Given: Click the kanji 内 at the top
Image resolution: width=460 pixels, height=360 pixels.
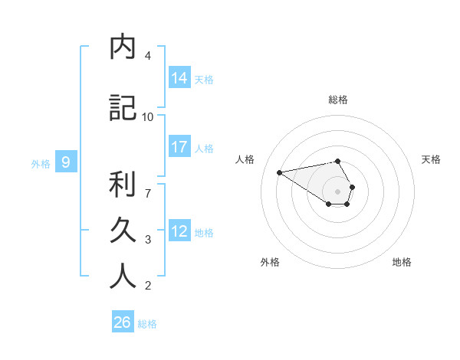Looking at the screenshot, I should (123, 47).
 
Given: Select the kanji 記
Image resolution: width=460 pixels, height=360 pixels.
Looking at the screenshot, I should (123, 109).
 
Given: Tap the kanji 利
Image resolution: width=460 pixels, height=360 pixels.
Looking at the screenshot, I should (123, 185).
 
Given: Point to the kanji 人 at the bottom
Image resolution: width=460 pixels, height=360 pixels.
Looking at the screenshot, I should (123, 277).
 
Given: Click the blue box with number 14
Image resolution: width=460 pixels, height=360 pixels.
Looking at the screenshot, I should (179, 78).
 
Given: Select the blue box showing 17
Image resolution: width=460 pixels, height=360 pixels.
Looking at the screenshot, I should (179, 147).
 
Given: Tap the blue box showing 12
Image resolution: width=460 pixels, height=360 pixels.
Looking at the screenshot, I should (179, 231).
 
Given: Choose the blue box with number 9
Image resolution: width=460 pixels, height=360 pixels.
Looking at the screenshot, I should (67, 162).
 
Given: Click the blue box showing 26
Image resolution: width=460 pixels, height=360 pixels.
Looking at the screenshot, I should (123, 322).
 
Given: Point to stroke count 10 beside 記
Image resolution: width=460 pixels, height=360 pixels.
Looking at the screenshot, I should (148, 116).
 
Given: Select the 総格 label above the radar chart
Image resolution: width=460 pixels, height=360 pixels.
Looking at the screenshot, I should (338, 100).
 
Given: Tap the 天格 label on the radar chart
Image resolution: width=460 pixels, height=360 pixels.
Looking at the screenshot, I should (431, 159).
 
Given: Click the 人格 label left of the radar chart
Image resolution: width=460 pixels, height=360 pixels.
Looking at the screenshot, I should (245, 159).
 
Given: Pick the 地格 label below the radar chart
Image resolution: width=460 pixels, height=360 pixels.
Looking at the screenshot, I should (402, 262).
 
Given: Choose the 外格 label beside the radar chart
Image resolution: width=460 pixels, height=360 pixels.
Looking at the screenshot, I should (270, 262).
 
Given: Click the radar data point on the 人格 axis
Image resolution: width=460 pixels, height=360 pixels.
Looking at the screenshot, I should (279, 172).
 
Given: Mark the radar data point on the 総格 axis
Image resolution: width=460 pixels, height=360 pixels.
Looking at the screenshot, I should (338, 161).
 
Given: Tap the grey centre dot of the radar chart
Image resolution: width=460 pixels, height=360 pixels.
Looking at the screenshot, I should (338, 191).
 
